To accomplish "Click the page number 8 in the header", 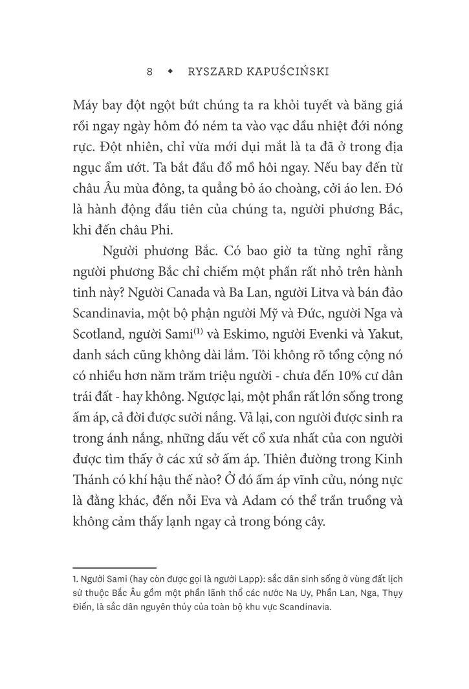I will tap(150, 72).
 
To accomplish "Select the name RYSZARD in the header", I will tap(213, 72).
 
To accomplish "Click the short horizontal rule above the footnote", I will tap(115, 568).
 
